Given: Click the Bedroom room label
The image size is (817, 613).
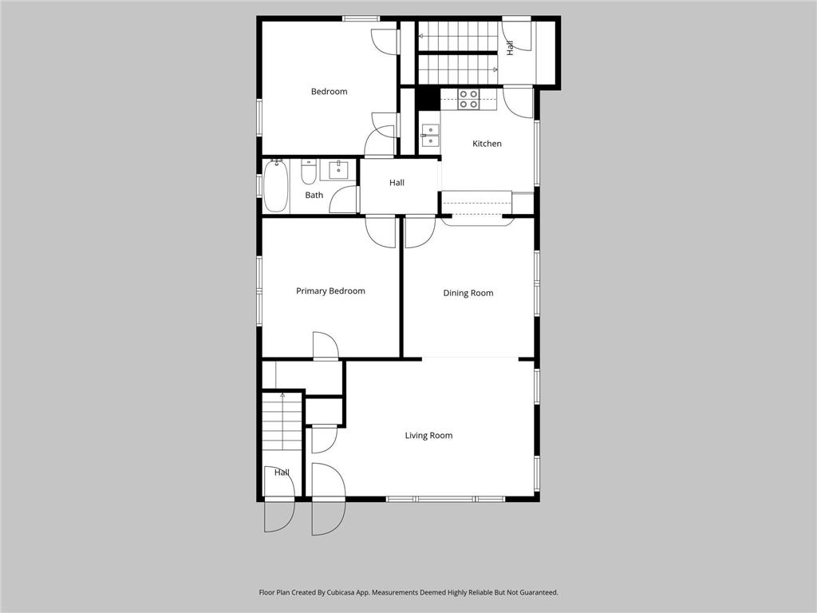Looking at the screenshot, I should (329, 92).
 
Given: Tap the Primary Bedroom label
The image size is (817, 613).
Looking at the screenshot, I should (330, 291).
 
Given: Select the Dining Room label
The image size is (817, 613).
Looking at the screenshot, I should (468, 293).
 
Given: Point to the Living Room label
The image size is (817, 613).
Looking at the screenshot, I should (428, 436).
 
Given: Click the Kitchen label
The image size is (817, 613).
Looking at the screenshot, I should (487, 144).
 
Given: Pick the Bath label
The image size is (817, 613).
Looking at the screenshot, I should (314, 196).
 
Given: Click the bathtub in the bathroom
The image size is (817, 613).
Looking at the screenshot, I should (275, 185).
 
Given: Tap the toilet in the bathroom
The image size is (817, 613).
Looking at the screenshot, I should (309, 171).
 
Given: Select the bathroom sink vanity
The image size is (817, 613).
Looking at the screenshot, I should (338, 169).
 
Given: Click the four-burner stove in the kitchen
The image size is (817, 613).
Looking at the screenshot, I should (468, 99).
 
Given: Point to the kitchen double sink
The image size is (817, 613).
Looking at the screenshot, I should (430, 136).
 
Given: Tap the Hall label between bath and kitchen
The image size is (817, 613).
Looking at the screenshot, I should (397, 183).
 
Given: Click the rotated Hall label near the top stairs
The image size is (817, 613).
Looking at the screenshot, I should (510, 48).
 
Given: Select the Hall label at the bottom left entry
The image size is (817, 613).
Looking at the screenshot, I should (282, 473).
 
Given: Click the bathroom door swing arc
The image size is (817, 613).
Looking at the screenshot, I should (344, 200).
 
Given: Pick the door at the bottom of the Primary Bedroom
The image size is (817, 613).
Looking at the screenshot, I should (326, 346).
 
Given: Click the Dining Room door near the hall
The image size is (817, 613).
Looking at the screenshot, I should (419, 231).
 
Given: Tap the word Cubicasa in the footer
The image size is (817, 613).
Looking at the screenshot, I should (347, 593).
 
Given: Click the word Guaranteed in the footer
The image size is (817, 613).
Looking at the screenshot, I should (535, 593).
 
